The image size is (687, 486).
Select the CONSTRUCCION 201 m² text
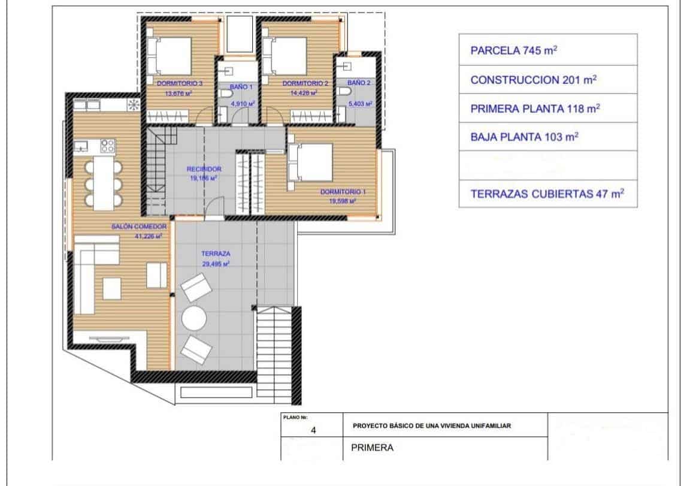click(534, 80)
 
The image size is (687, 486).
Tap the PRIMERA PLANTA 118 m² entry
click(535, 108)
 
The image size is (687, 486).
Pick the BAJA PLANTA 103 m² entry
click(525, 137)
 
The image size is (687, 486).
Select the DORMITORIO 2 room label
click(305, 84)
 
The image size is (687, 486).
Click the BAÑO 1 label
click(238, 87)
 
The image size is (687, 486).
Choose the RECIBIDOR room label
click(204, 170)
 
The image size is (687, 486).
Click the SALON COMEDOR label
click(137, 227)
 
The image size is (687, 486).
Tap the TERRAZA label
click(215, 253)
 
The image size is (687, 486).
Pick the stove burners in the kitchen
click(108, 145)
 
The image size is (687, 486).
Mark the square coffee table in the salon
click(111, 288)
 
